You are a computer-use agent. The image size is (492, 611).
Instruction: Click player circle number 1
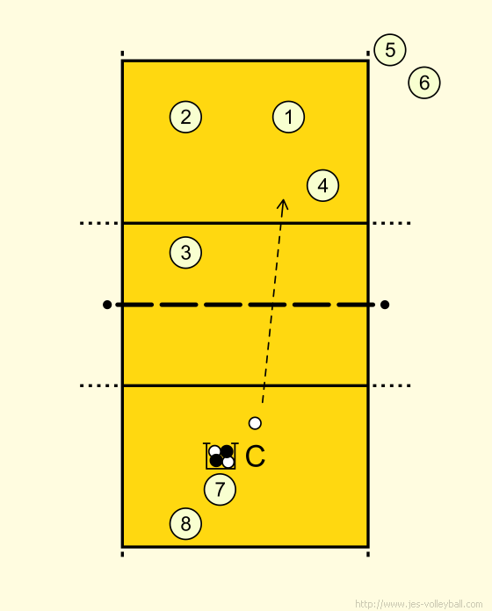pyautogui.click(x=288, y=117)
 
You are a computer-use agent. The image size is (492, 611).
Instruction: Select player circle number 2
pyautogui.click(x=185, y=117)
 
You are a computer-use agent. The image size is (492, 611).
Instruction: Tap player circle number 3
pyautogui.click(x=185, y=253)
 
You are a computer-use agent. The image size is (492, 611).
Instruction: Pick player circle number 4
pyautogui.click(x=322, y=185)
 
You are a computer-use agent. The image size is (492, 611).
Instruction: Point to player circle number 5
pyautogui.click(x=390, y=50)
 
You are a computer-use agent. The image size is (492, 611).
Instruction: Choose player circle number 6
pyautogui.click(x=424, y=83)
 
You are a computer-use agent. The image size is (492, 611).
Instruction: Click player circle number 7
pyautogui.click(x=220, y=490)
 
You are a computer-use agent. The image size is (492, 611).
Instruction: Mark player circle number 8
pyautogui.click(x=185, y=524)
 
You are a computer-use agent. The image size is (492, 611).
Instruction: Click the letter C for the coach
pyautogui.click(x=256, y=456)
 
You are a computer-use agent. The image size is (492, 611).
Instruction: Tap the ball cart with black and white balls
pyautogui.click(x=221, y=456)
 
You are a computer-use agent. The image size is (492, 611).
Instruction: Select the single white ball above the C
pyautogui.click(x=255, y=423)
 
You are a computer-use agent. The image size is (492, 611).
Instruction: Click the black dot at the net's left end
pyautogui.click(x=107, y=305)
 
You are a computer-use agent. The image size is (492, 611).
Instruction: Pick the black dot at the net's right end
pyautogui.click(x=385, y=305)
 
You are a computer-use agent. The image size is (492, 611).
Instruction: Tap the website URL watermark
pyautogui.click(x=419, y=604)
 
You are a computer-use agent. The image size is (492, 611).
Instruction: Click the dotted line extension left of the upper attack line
pyautogui.click(x=99, y=223)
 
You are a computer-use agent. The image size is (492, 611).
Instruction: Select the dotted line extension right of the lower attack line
pyautogui.click(x=392, y=385)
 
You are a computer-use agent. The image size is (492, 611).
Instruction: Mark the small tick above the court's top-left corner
pyautogui.click(x=122, y=54)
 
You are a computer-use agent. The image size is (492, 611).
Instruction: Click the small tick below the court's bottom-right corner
pyautogui.click(x=368, y=554)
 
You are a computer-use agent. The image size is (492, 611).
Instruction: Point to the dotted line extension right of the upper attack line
pyautogui.click(x=392, y=223)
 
